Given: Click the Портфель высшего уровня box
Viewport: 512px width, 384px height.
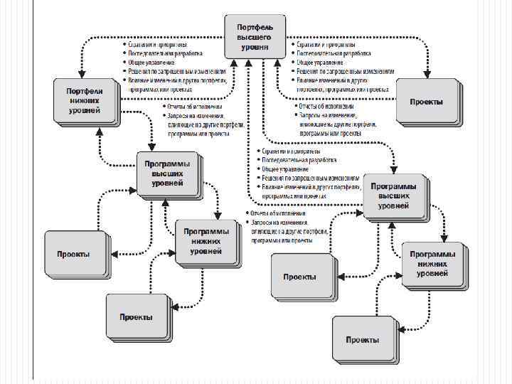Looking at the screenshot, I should click(254, 37).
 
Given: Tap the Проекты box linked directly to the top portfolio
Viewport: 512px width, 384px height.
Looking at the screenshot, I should click(426, 101).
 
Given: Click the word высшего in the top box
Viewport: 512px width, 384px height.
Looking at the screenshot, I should click(254, 37).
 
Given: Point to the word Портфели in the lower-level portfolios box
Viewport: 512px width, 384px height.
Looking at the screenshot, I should click(85, 92).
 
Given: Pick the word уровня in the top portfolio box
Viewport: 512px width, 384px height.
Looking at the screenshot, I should click(254, 46).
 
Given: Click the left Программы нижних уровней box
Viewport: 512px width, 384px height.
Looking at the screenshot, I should click(206, 241).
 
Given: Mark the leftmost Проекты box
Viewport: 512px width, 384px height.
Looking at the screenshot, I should click(74, 254).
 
